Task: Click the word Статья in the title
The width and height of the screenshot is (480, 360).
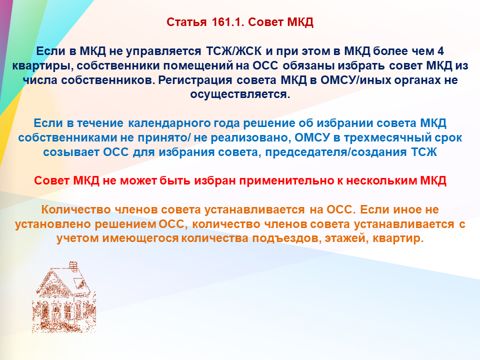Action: pyautogui.click(x=186, y=22)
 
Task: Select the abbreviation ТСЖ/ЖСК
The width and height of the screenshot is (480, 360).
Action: pyautogui.click(x=234, y=51)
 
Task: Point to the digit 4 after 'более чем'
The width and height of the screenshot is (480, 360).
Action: pyautogui.click(x=440, y=51)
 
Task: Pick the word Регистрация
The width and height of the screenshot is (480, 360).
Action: pyautogui.click(x=195, y=80)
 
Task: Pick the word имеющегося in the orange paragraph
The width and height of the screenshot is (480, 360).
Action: pyautogui.click(x=140, y=238)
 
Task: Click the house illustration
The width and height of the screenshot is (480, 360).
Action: pyautogui.click(x=64, y=297)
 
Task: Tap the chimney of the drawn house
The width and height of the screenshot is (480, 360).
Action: pyautogui.click(x=73, y=265)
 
